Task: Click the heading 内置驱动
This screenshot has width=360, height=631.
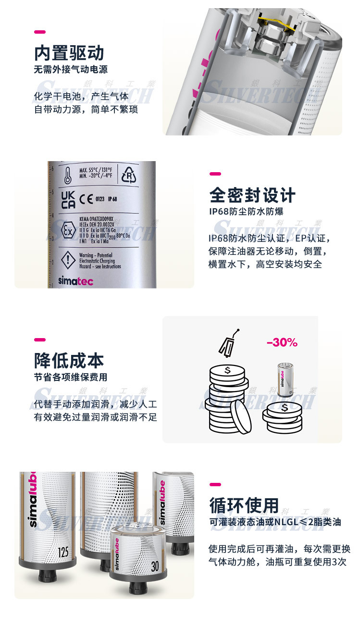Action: pyautogui.click(x=69, y=53)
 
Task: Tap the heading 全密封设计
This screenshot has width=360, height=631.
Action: pyautogui.click(x=252, y=195)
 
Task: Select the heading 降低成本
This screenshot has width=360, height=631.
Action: pyautogui.click(x=69, y=361)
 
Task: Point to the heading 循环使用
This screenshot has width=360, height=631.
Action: pyautogui.click(x=244, y=505)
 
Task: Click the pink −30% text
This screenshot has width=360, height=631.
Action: pyautogui.click(x=282, y=343)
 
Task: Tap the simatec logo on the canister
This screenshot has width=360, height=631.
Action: pyautogui.click(x=74, y=281)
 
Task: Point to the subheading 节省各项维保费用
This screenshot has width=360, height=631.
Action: pyautogui.click(x=70, y=377)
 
